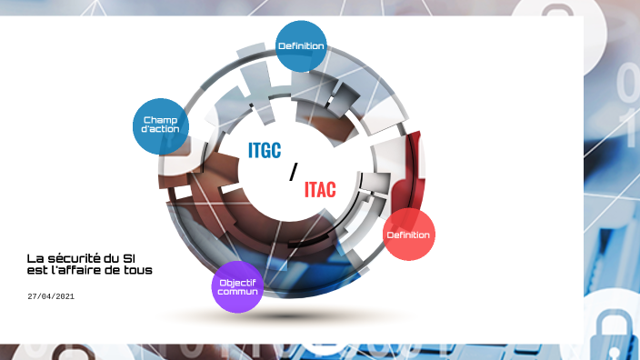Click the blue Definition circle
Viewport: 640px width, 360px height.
point(300,45)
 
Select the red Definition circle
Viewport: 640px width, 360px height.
point(408,235)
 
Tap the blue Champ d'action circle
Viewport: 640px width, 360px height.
point(161,125)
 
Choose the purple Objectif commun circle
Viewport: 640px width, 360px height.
point(237,286)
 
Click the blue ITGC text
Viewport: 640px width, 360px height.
point(265,151)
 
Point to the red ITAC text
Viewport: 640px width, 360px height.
point(320,190)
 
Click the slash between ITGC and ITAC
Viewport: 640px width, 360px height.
point(293,172)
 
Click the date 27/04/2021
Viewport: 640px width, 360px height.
point(50,296)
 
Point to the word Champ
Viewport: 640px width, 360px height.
point(161,119)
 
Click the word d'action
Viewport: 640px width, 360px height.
point(161,129)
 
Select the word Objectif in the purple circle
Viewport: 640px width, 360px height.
point(237,282)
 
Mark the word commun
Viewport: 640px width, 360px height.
point(237,292)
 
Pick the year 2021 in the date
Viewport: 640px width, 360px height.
point(64,296)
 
